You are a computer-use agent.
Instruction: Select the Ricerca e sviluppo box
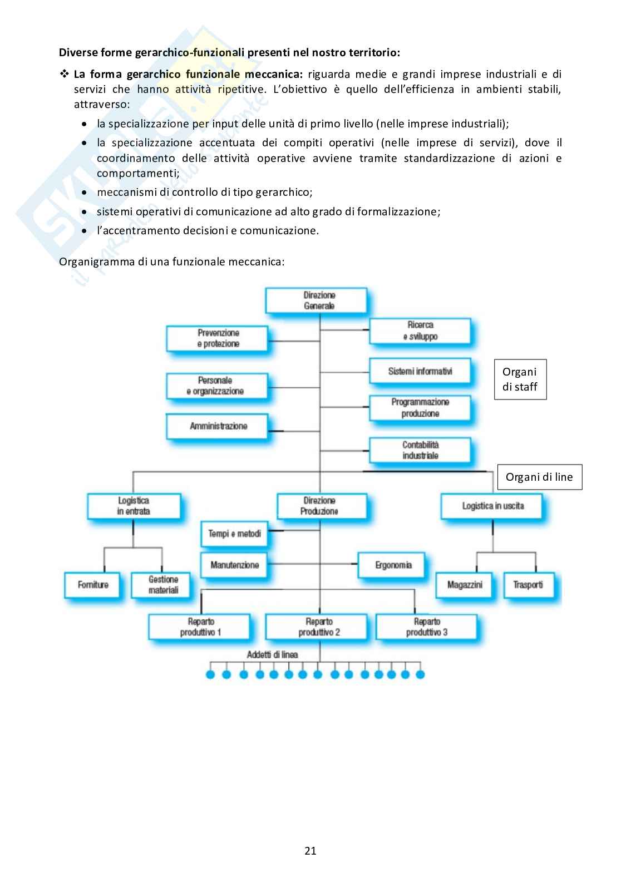420,331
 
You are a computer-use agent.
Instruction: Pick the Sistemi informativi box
420,371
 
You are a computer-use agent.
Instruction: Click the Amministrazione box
218,426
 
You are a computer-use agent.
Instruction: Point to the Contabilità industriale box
420,450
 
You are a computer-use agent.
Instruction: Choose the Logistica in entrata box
134,506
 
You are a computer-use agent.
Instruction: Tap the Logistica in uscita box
492,506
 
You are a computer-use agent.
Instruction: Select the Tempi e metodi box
234,534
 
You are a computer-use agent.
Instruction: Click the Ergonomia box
393,565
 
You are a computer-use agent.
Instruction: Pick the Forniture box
93,585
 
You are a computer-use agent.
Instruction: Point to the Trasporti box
528,585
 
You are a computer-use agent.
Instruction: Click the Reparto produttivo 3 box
426,627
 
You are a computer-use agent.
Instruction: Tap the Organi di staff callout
520,379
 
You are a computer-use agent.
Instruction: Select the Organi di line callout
539,477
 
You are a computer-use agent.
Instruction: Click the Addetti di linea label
272,655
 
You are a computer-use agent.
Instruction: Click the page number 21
310,851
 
